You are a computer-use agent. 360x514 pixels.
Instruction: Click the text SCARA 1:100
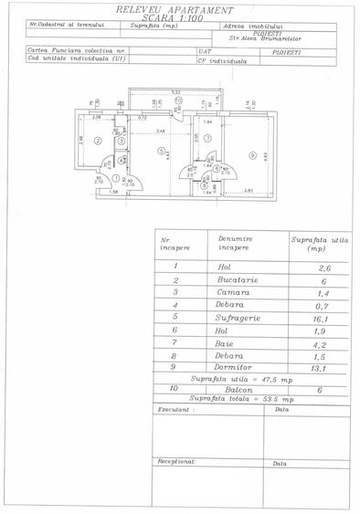pyautogui.click(x=180, y=16)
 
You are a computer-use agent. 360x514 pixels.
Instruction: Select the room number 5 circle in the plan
pyautogui.click(x=161, y=151)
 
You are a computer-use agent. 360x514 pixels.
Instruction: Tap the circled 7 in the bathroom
pyautogui.click(x=207, y=138)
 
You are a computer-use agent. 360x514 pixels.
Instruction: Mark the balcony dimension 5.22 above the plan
pyautogui.click(x=175, y=92)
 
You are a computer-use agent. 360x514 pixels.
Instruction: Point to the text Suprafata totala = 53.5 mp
pyautogui.click(x=243, y=399)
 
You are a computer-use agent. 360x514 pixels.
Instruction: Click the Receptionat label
pyautogui.click(x=177, y=463)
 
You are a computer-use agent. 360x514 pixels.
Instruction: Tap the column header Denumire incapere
pyautogui.click(x=237, y=243)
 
